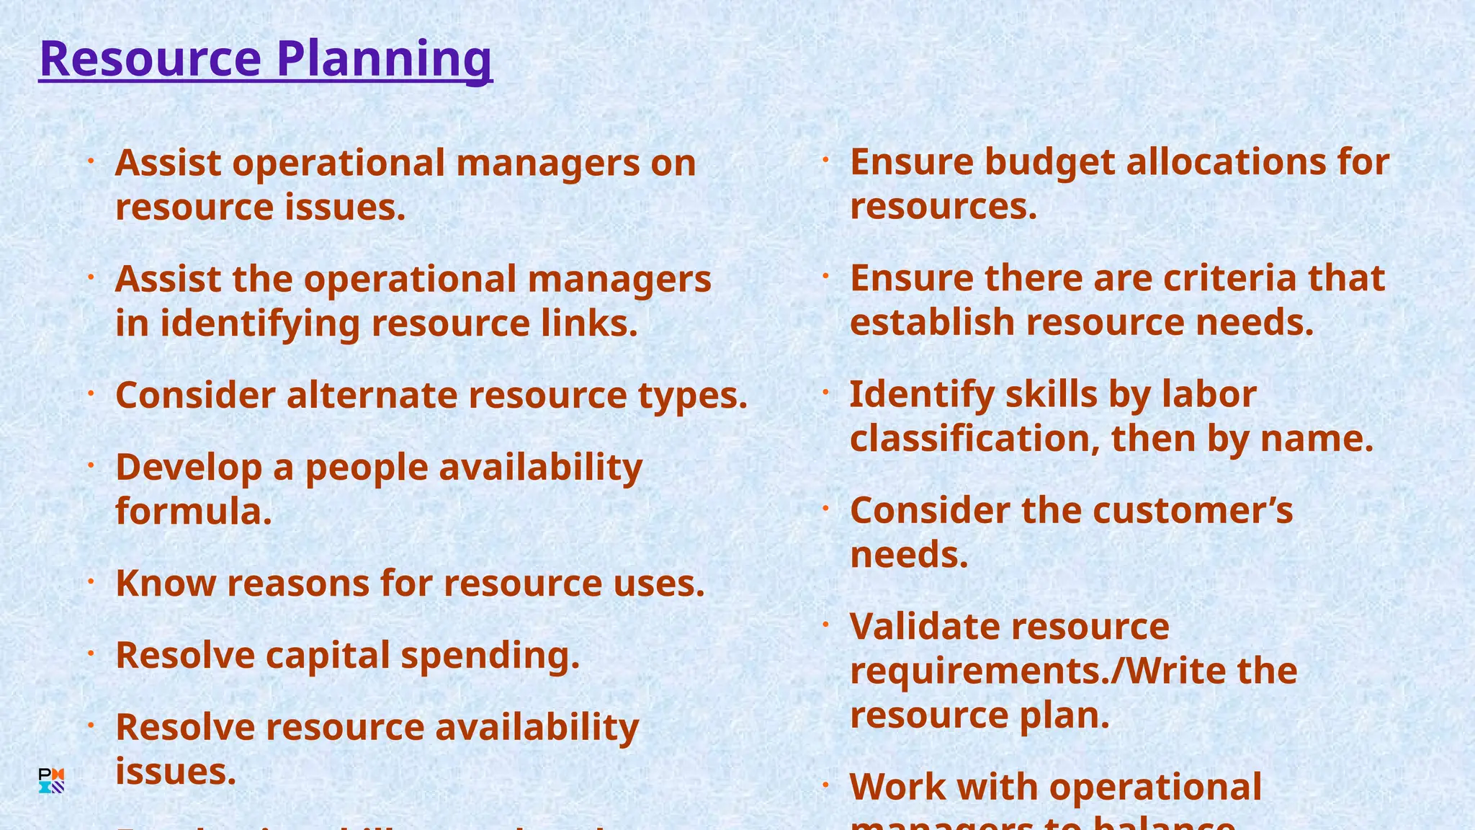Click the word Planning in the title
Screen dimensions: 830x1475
pyautogui.click(x=385, y=59)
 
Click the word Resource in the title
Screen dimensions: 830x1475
pyautogui.click(x=150, y=59)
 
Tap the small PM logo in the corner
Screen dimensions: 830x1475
pyautogui.click(x=51, y=781)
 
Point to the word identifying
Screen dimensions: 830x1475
pyautogui.click(x=259, y=323)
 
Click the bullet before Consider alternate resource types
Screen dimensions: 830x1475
pyautogui.click(x=91, y=393)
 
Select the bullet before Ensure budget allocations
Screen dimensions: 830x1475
pyautogui.click(x=826, y=160)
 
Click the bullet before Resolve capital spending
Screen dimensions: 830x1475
pyautogui.click(x=91, y=653)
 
